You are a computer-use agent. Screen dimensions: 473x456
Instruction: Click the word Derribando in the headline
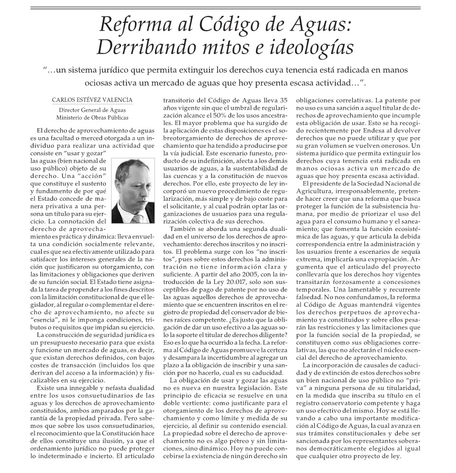140,48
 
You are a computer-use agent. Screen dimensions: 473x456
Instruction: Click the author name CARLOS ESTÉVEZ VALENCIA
92,100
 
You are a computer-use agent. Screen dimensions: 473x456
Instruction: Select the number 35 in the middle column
283,100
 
